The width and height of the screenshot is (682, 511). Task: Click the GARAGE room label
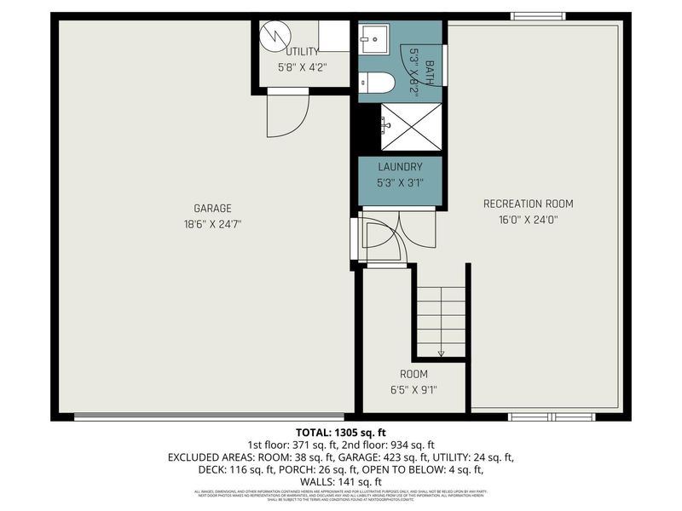pos(213,208)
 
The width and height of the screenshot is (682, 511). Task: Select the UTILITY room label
pos(302,51)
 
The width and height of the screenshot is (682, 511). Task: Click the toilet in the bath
pos(377,83)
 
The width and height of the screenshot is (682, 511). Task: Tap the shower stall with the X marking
pos(411,126)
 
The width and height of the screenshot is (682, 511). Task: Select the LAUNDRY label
pos(400,168)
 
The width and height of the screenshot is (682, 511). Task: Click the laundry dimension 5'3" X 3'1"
pos(400,181)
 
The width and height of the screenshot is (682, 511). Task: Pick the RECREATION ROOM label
pos(529,204)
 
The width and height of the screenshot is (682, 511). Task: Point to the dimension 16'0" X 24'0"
pos(529,218)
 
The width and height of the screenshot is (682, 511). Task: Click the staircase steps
pos(441,315)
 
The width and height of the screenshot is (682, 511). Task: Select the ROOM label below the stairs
pos(414,374)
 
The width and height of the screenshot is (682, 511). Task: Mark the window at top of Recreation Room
pos(537,15)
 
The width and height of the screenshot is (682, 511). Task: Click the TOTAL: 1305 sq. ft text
pos(341,433)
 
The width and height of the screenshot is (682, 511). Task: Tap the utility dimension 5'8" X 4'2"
pos(302,66)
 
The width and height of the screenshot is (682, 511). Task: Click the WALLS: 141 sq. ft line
pos(341,481)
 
